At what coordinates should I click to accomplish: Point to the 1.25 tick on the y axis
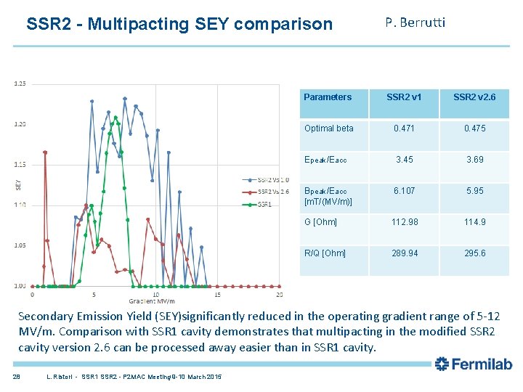click(20, 83)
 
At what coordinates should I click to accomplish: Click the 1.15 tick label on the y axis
click(20, 164)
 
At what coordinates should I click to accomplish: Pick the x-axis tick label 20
click(280, 295)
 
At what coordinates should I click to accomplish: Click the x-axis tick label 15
click(218, 295)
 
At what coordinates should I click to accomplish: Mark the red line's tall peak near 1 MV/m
click(45, 152)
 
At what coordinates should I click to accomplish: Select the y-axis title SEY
click(18, 184)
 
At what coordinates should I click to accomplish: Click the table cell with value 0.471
click(404, 128)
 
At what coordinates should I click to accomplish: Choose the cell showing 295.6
click(474, 253)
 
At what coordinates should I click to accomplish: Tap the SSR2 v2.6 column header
click(474, 97)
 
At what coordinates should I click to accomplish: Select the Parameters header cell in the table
click(328, 97)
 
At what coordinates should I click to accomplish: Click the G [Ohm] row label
click(320, 222)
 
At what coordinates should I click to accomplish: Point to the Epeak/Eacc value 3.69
click(474, 160)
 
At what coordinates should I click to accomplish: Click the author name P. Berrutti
click(415, 23)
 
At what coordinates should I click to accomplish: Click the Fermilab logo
click(474, 364)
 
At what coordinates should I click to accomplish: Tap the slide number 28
click(16, 375)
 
